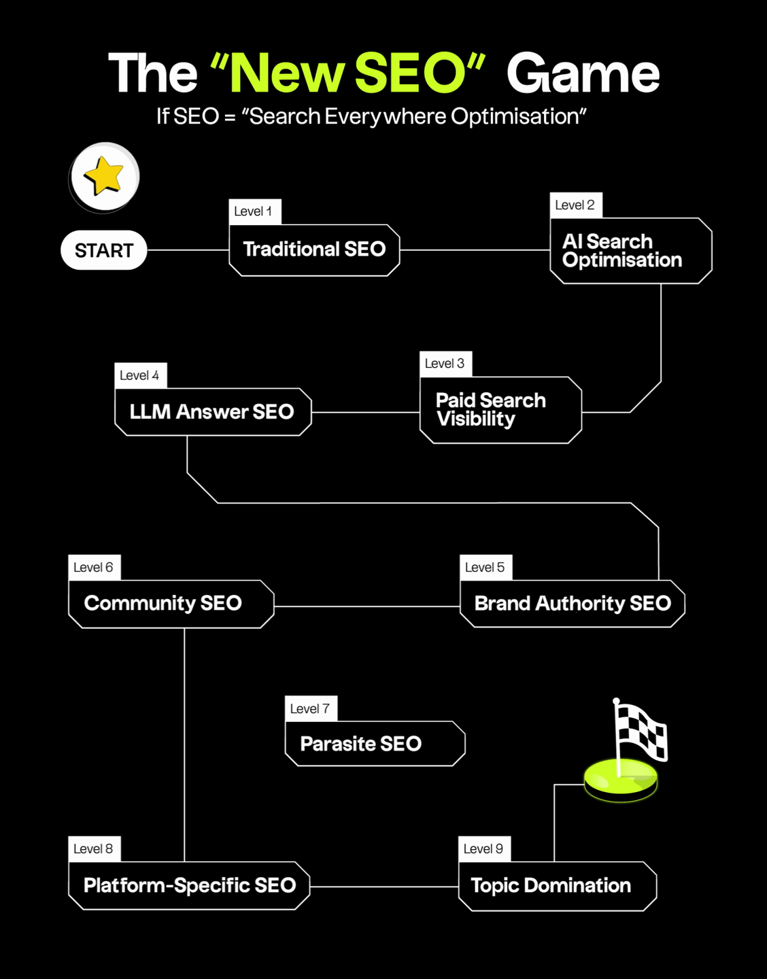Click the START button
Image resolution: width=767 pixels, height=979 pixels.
tap(104, 250)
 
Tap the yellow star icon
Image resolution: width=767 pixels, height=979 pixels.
tap(104, 176)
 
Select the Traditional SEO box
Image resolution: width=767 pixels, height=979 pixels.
tap(314, 250)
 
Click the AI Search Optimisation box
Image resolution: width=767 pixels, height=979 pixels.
tap(630, 251)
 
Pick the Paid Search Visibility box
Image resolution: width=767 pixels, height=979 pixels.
tap(500, 410)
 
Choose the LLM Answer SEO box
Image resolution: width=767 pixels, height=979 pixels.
tap(212, 412)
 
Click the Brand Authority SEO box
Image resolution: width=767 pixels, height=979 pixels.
tap(572, 604)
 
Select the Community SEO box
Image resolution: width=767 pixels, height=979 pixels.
tap(171, 604)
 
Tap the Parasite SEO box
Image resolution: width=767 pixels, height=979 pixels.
tap(375, 744)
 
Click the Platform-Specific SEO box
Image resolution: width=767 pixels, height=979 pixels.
tap(189, 885)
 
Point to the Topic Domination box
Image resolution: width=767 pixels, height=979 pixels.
tap(557, 886)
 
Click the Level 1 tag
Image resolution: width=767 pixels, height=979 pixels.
tap(254, 211)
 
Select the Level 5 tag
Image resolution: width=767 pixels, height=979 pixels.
tap(485, 567)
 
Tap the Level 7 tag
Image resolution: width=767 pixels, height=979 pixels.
tap(311, 708)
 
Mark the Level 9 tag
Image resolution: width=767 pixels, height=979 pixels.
tap(484, 848)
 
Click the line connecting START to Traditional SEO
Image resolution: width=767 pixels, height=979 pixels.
tap(188, 250)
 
